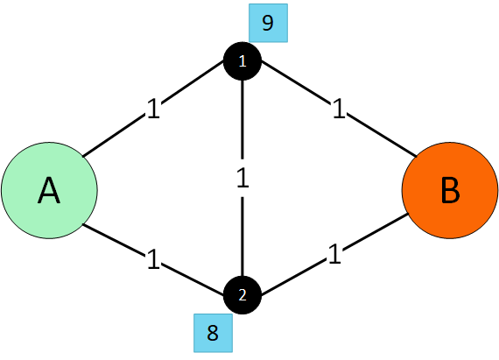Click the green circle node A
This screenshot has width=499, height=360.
(x=49, y=191)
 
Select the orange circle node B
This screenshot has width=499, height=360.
(x=449, y=191)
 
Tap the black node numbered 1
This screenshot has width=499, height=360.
(x=242, y=61)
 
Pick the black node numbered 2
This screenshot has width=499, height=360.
(x=242, y=295)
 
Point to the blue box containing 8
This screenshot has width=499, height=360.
(x=213, y=333)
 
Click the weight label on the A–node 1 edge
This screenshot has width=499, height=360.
(x=154, y=109)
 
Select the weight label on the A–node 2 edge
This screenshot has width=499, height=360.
(x=154, y=259)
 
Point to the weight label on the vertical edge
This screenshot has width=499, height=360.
(x=242, y=178)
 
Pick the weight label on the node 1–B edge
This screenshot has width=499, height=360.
(x=337, y=110)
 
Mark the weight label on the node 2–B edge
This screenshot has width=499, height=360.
(x=333, y=255)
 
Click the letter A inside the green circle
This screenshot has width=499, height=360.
(x=49, y=191)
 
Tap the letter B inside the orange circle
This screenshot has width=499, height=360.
(x=449, y=191)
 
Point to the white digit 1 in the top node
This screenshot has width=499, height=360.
(x=242, y=61)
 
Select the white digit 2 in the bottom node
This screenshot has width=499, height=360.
(x=242, y=295)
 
